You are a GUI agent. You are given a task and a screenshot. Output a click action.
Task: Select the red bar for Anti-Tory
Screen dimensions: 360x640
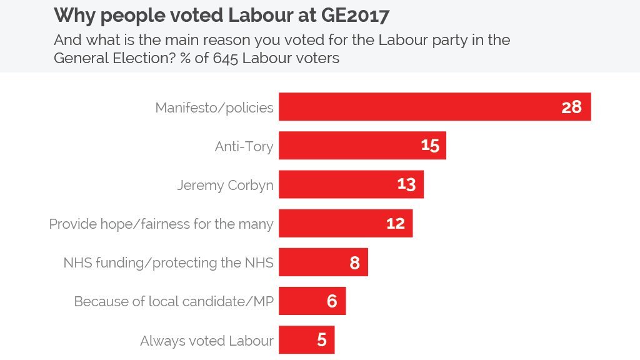click(350, 146)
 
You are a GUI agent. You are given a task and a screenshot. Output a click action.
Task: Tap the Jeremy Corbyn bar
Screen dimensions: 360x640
click(337, 184)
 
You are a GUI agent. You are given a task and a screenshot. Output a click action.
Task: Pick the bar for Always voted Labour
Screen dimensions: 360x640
click(297, 340)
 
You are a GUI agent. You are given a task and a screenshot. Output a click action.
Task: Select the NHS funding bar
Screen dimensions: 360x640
click(312, 262)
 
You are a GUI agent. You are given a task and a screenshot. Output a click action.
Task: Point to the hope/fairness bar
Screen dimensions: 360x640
click(331, 223)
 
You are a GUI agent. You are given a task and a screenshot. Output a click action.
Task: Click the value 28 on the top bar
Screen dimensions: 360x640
click(571, 107)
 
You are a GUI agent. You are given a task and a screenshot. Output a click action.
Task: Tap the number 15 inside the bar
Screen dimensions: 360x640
click(430, 146)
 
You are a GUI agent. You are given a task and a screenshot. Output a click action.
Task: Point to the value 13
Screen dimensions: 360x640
click(406, 184)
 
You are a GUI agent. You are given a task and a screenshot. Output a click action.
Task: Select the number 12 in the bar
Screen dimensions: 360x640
click(395, 223)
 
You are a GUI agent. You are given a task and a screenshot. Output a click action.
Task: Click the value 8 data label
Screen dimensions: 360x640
click(354, 262)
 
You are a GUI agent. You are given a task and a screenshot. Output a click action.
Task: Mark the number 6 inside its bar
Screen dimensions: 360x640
click(332, 301)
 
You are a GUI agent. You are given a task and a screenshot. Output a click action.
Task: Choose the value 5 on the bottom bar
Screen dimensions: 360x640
click(321, 340)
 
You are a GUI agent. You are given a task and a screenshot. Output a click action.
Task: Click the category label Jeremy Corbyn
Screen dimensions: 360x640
click(225, 185)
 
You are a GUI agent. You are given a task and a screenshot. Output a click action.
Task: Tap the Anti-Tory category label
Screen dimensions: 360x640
click(244, 146)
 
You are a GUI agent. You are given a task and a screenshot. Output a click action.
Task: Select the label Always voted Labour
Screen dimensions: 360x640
click(207, 341)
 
